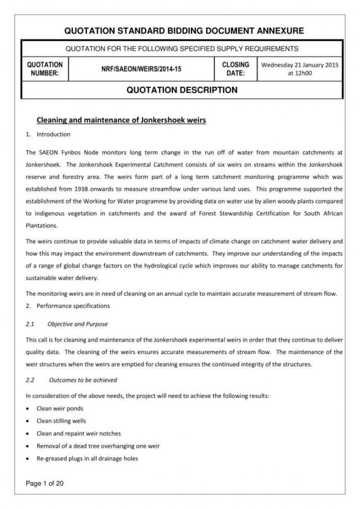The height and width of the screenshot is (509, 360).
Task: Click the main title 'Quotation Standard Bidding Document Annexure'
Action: coord(184,31)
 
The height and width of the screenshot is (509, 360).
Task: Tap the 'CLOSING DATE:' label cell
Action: coord(236,69)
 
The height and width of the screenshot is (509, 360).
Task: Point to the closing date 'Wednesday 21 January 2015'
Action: coord(299,65)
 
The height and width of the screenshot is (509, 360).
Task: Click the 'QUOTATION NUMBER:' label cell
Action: coord(45,69)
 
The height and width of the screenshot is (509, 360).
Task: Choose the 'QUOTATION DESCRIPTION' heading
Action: coord(182,90)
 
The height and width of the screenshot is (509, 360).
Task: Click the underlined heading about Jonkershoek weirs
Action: coord(121,120)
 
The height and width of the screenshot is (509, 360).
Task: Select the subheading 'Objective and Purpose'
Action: coord(77,324)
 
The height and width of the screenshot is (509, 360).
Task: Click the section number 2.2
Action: coord(29,380)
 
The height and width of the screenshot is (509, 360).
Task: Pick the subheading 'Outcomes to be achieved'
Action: coord(83,380)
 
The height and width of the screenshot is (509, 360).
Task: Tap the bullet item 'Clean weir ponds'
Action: coord(59,408)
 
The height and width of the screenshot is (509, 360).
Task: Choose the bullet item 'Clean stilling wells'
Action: coord(61,421)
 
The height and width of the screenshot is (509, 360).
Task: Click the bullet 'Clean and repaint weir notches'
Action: coord(78,433)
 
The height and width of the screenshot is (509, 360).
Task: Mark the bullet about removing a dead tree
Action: coord(98,446)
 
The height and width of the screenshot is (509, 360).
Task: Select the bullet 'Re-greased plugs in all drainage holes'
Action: coord(87,459)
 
